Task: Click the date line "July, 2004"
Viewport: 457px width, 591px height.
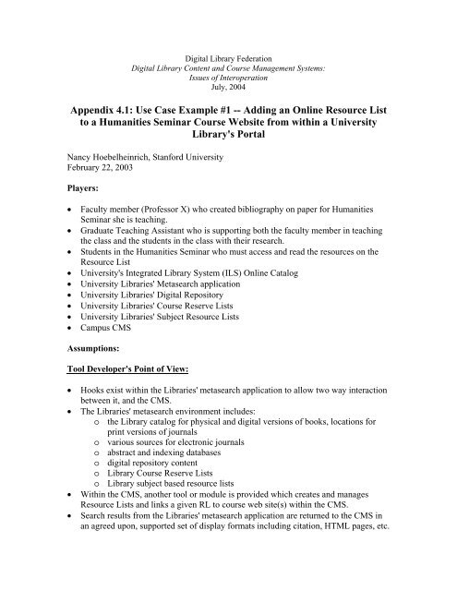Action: [228, 63]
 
